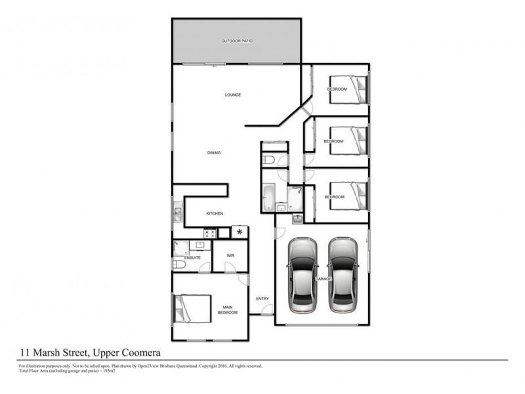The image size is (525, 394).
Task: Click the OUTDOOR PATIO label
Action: click(x=237, y=41)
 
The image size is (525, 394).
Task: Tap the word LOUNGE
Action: click(x=233, y=95)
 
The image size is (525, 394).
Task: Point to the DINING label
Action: click(x=214, y=153)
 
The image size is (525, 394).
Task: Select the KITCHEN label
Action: click(x=215, y=214)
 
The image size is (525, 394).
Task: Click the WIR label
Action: click(x=230, y=255)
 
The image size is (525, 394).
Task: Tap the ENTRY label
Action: click(x=262, y=299)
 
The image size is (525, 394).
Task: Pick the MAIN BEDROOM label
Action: click(x=228, y=309)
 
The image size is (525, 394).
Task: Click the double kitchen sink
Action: click(x=177, y=214)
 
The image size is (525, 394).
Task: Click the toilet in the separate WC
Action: click(x=269, y=160)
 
